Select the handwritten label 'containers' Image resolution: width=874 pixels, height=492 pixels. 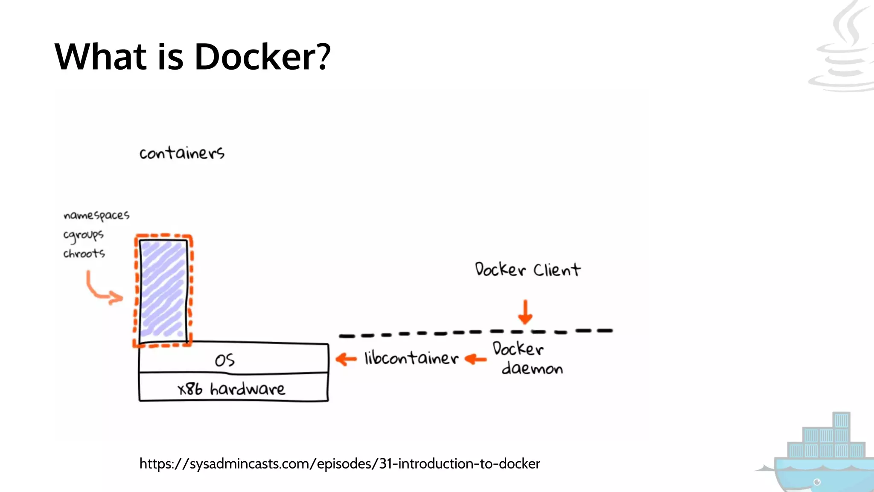182,153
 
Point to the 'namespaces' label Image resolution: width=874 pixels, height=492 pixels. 96,215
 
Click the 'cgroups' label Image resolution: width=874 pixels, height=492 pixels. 83,235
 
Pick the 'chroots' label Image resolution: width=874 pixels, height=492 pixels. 84,253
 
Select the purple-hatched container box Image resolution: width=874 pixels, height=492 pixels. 163,290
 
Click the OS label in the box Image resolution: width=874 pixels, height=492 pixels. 224,360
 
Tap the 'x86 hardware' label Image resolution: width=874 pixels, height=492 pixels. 231,389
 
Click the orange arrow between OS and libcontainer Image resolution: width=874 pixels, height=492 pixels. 346,359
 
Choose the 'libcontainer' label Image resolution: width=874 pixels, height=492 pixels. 411,358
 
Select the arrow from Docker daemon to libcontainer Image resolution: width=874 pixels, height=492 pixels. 475,359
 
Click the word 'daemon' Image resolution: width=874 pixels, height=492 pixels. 532,368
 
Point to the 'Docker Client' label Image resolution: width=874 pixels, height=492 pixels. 527,269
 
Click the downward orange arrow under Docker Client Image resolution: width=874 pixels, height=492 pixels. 525,312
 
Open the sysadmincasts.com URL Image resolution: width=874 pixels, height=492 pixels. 340,463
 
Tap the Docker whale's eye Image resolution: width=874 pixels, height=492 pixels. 817,482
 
